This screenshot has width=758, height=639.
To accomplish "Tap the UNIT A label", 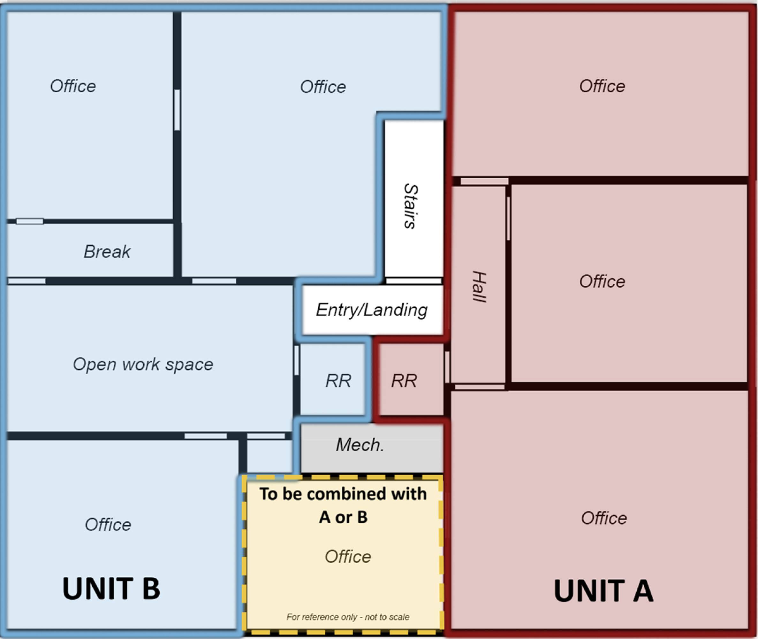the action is [603, 591].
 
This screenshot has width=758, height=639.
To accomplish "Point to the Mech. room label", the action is [360, 445].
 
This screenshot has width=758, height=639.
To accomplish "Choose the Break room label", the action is [107, 252].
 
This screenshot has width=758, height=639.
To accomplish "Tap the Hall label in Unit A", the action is [479, 287].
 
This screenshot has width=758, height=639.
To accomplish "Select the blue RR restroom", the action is [333, 379].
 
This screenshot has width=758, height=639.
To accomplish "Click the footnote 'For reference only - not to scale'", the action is [348, 617].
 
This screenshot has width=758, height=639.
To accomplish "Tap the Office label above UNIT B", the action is [108, 525].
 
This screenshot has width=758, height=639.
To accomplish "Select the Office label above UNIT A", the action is [604, 518].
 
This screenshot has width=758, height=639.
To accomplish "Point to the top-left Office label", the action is [73, 86].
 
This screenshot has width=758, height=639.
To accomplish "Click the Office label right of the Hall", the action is [602, 281].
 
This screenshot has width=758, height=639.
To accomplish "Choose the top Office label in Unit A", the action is [602, 86].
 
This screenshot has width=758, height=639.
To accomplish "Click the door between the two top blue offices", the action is [177, 110].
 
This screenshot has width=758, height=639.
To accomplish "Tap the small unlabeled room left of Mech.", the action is [269, 456].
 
